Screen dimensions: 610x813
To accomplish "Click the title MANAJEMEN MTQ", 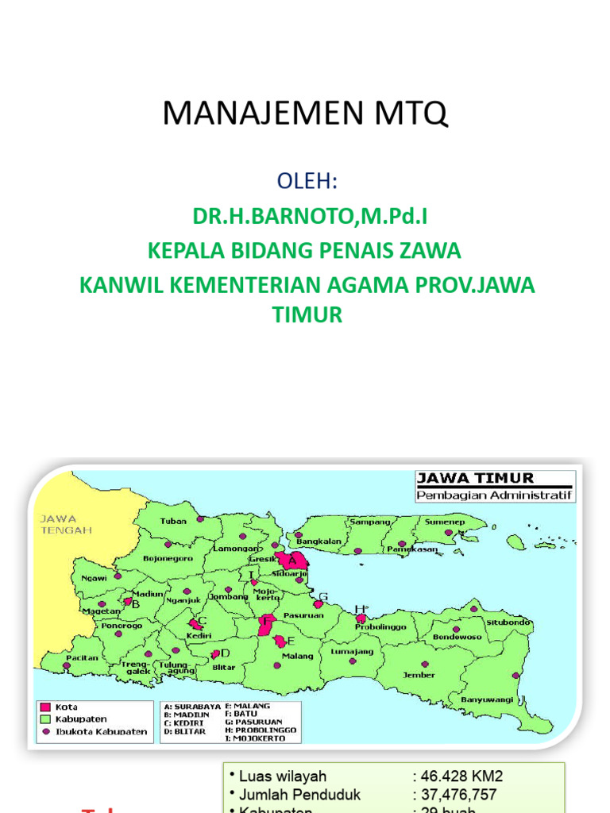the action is point(305,114).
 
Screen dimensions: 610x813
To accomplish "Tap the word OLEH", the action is point(307,182).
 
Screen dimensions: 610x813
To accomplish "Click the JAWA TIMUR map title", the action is point(476,478).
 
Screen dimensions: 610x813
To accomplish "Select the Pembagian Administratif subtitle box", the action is point(495,495).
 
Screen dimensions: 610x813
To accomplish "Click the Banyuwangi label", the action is point(488,699).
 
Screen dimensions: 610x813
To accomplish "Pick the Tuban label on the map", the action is point(173,521).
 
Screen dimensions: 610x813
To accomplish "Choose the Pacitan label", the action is point(83,658).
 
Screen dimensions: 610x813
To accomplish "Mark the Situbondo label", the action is point(508,622).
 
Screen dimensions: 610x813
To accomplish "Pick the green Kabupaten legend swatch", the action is point(45,719).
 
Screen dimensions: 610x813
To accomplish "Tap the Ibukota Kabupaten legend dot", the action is point(46,731).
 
